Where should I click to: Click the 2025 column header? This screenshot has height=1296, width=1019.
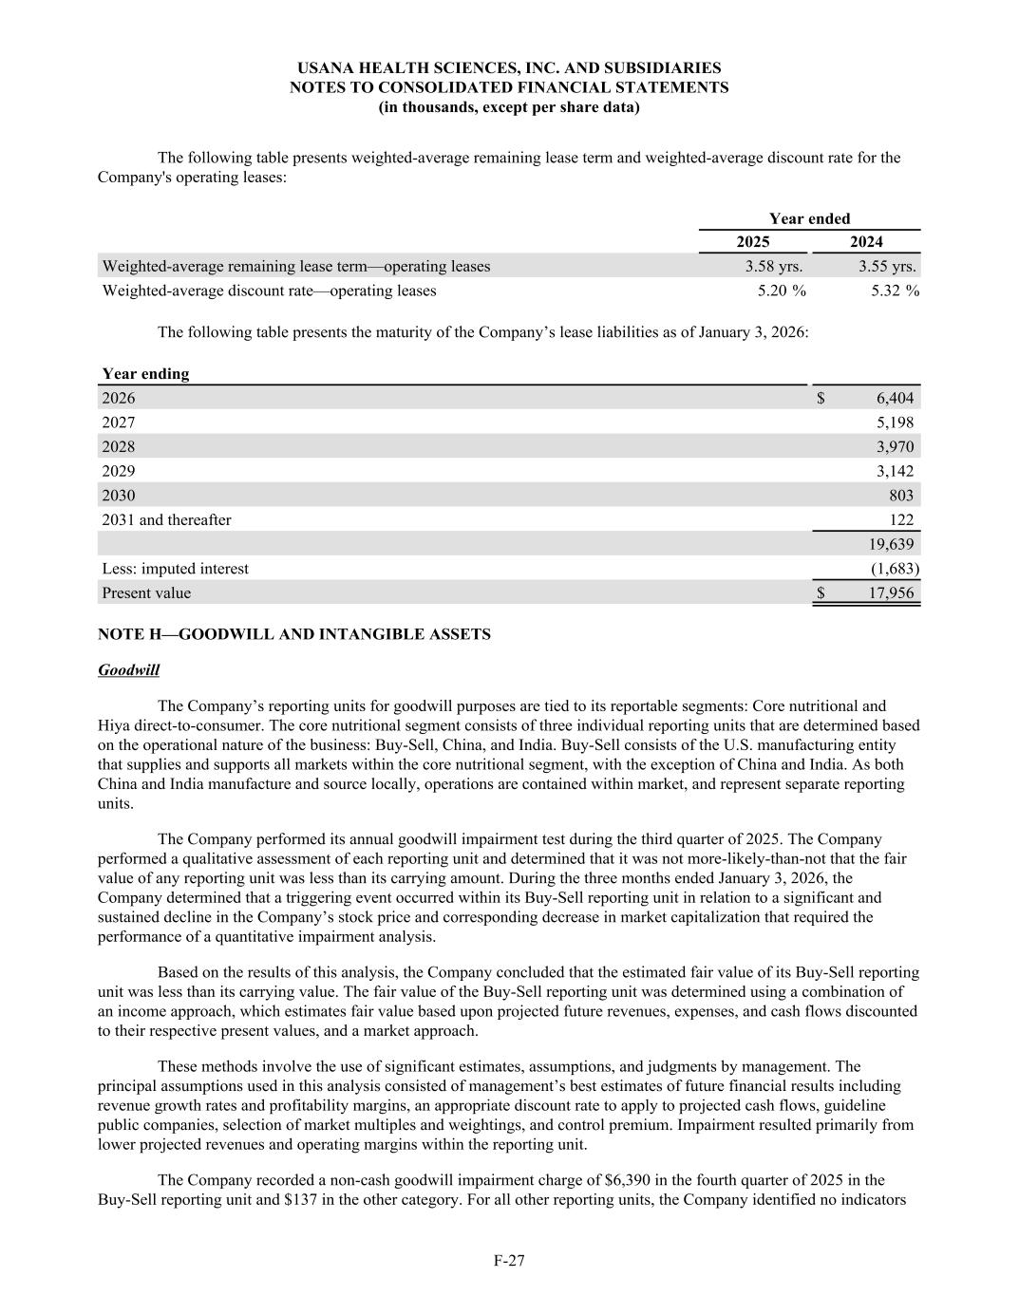[753, 242]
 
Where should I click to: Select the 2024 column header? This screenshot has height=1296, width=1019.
[865, 242]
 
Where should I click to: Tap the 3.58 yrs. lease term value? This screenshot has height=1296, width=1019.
[773, 266]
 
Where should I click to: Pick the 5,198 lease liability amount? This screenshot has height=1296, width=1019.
[895, 423]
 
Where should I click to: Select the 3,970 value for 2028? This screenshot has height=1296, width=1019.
[895, 446]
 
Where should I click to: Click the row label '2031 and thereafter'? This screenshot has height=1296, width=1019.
[166, 519]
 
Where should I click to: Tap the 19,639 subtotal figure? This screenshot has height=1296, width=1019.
[891, 544]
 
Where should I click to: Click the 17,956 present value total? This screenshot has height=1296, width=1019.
[891, 592]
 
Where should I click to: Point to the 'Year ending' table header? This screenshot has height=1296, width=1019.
[145, 373]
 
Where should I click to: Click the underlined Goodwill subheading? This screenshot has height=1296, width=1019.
[128, 669]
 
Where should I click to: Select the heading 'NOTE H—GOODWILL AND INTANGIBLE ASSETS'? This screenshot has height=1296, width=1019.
[294, 633]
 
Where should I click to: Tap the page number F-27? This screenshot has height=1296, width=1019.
[509, 1260]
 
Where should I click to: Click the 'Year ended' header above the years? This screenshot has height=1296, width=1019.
[809, 218]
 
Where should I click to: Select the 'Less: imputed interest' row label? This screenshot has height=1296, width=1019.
[175, 568]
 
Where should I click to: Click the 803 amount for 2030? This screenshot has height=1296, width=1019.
[901, 495]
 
